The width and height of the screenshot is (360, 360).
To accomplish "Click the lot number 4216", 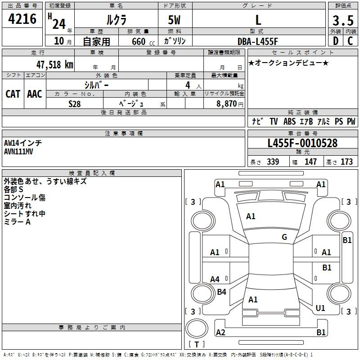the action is tap(22, 19).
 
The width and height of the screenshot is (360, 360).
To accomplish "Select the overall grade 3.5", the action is tap(343, 20).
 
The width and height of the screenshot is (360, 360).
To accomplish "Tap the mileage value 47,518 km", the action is tap(54, 65).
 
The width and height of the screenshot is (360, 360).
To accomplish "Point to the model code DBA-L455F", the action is tap(257, 41).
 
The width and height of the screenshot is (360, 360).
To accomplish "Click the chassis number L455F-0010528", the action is tap(302, 143).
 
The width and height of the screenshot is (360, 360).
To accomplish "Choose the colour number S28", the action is tap(75, 104).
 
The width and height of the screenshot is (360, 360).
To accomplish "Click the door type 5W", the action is tap(174, 20).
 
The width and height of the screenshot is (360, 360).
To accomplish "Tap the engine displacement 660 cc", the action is tap(143, 42).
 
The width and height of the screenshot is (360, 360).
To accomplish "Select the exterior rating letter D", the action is tap(336, 41).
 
